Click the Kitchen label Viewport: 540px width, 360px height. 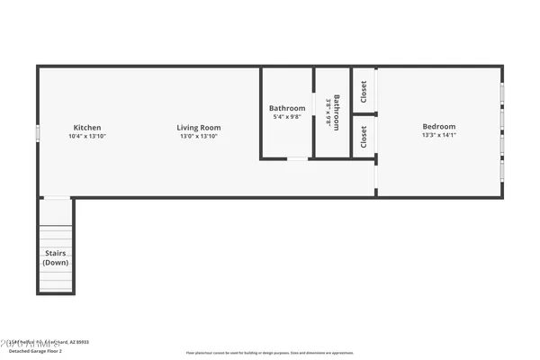click(x=87, y=128)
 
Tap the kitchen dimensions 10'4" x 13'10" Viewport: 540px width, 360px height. click(x=87, y=137)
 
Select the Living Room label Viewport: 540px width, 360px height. click(x=198, y=128)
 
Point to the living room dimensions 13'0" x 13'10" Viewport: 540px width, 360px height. click(x=198, y=137)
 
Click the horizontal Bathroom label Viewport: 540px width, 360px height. click(x=287, y=109)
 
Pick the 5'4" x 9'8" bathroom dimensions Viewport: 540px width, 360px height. click(x=287, y=117)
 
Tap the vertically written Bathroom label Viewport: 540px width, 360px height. click(x=337, y=112)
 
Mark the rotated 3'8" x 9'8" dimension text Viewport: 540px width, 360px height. click(x=328, y=112)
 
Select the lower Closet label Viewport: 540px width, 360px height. click(x=364, y=137)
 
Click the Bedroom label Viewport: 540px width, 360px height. click(x=439, y=127)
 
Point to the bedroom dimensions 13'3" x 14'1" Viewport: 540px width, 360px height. click(x=439, y=136)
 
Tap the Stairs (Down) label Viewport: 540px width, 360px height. click(x=56, y=258)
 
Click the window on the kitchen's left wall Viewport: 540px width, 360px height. click(x=38, y=132)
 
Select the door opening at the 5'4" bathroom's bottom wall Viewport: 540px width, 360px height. click(x=296, y=159)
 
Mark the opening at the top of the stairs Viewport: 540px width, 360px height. click(x=56, y=198)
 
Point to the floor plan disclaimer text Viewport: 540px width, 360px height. click(x=270, y=353)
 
